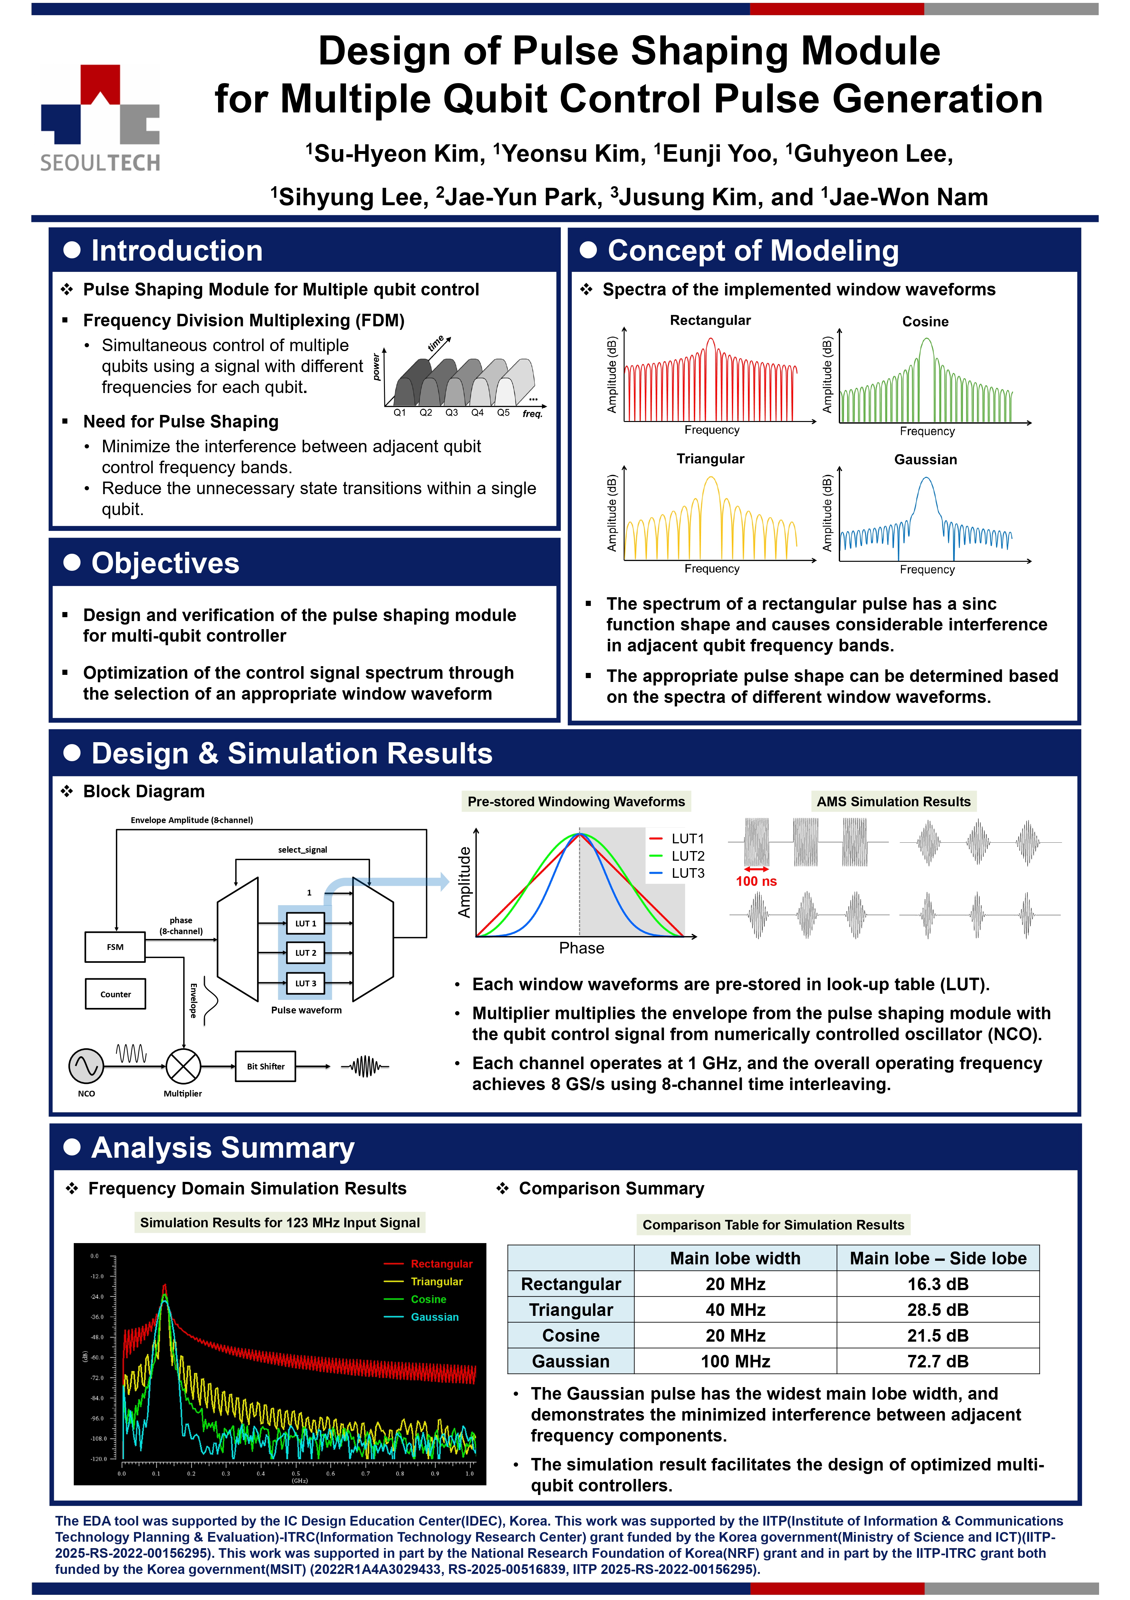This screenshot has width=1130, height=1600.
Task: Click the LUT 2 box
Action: click(305, 953)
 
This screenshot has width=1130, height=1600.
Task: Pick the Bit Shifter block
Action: click(265, 1066)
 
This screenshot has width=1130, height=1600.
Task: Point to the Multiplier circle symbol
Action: click(183, 1066)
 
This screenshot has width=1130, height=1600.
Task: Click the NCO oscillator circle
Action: click(86, 1066)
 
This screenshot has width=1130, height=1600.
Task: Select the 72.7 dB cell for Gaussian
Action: click(938, 1361)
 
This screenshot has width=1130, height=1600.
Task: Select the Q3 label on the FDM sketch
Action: click(451, 413)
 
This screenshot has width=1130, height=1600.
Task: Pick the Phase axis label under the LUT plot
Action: click(582, 948)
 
